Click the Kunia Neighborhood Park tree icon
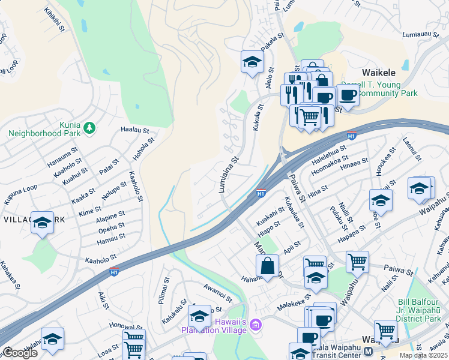(x=89, y=127)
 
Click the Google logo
(x=19, y=353)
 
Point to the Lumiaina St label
(x=229, y=175)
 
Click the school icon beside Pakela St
(x=253, y=61)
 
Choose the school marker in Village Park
(x=42, y=223)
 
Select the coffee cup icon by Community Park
(x=348, y=94)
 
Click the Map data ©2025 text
(x=423, y=355)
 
